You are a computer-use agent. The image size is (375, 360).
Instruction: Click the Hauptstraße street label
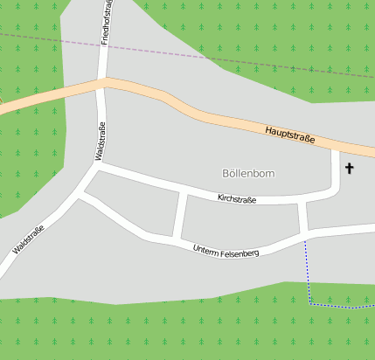pyautogui.click(x=289, y=135)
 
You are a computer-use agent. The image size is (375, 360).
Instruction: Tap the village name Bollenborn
pyautogui.click(x=248, y=174)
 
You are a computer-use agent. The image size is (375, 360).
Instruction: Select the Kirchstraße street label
pyautogui.click(x=237, y=200)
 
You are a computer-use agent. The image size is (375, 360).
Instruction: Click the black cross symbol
pyautogui.click(x=351, y=167)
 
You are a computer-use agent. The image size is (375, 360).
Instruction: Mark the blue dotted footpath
pyautogui.click(x=308, y=271)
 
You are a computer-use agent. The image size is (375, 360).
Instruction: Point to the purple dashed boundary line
pyautogui.click(x=175, y=52)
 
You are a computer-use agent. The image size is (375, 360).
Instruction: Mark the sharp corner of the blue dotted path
pyautogui.click(x=310, y=302)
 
